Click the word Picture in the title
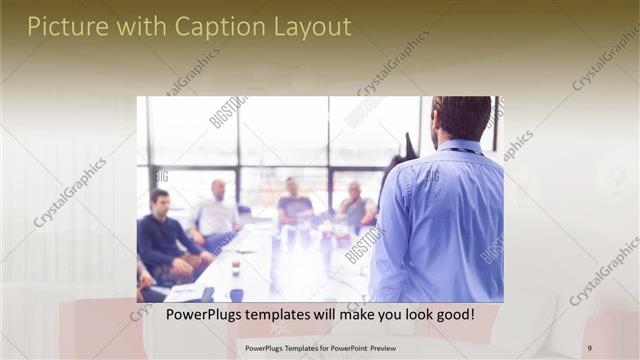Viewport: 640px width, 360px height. click(x=63, y=27)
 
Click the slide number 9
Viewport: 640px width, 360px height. click(x=589, y=348)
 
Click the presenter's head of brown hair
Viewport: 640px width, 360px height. click(x=462, y=116)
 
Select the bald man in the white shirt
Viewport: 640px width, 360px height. click(x=217, y=210)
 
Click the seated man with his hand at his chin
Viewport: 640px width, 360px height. click(x=355, y=205)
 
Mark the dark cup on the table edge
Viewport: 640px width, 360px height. click(x=236, y=294)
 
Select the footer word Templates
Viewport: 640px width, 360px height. click(x=286, y=348)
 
